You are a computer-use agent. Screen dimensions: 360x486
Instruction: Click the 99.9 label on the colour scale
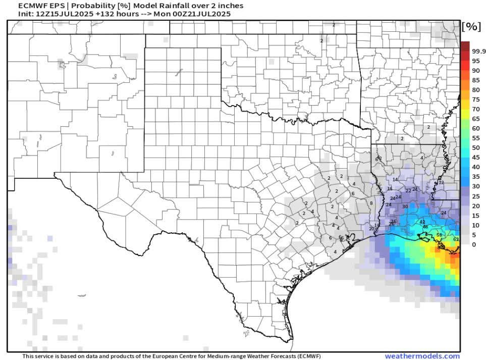click(x=478, y=52)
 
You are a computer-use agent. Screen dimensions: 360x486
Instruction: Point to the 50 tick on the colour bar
click(x=475, y=148)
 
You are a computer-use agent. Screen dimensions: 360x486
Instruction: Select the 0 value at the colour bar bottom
click(x=473, y=244)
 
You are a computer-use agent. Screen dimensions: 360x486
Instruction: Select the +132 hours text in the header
click(x=105, y=14)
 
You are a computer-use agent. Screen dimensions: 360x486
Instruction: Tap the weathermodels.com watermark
click(x=422, y=356)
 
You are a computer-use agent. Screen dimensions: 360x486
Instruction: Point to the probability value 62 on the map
click(x=456, y=239)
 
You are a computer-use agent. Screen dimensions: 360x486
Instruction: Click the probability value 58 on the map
click(x=439, y=235)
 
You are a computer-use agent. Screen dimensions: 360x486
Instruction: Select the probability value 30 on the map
click(x=405, y=207)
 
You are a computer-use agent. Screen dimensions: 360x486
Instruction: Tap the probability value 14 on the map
click(x=395, y=180)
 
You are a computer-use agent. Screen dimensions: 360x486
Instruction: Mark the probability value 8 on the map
click(x=371, y=203)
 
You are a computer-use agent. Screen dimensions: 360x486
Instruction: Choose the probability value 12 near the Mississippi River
click(x=441, y=183)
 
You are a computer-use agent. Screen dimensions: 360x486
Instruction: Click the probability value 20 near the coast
click(x=371, y=229)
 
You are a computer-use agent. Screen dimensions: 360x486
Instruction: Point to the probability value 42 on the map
click(x=422, y=222)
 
